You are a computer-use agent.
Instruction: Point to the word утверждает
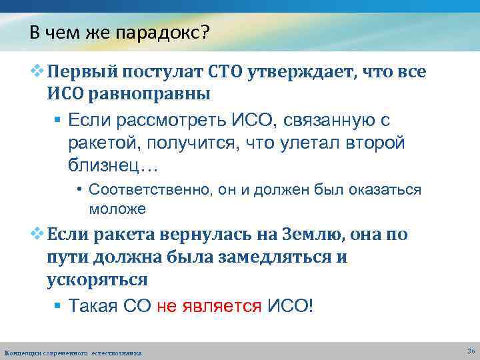click(300, 71)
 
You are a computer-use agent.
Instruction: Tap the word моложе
click(117, 209)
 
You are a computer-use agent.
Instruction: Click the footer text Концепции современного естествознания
click(73, 352)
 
